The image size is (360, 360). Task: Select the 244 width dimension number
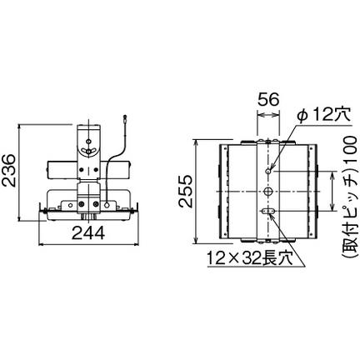[88, 232]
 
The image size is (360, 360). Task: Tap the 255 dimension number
[185, 191]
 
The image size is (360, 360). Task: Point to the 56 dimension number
[268, 99]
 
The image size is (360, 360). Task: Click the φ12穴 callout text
[324, 114]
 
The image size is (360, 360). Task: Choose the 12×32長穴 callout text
[249, 259]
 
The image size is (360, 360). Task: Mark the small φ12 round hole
[268, 171]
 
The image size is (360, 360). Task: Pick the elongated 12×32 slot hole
[268, 212]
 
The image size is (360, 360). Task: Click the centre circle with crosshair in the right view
[268, 192]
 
